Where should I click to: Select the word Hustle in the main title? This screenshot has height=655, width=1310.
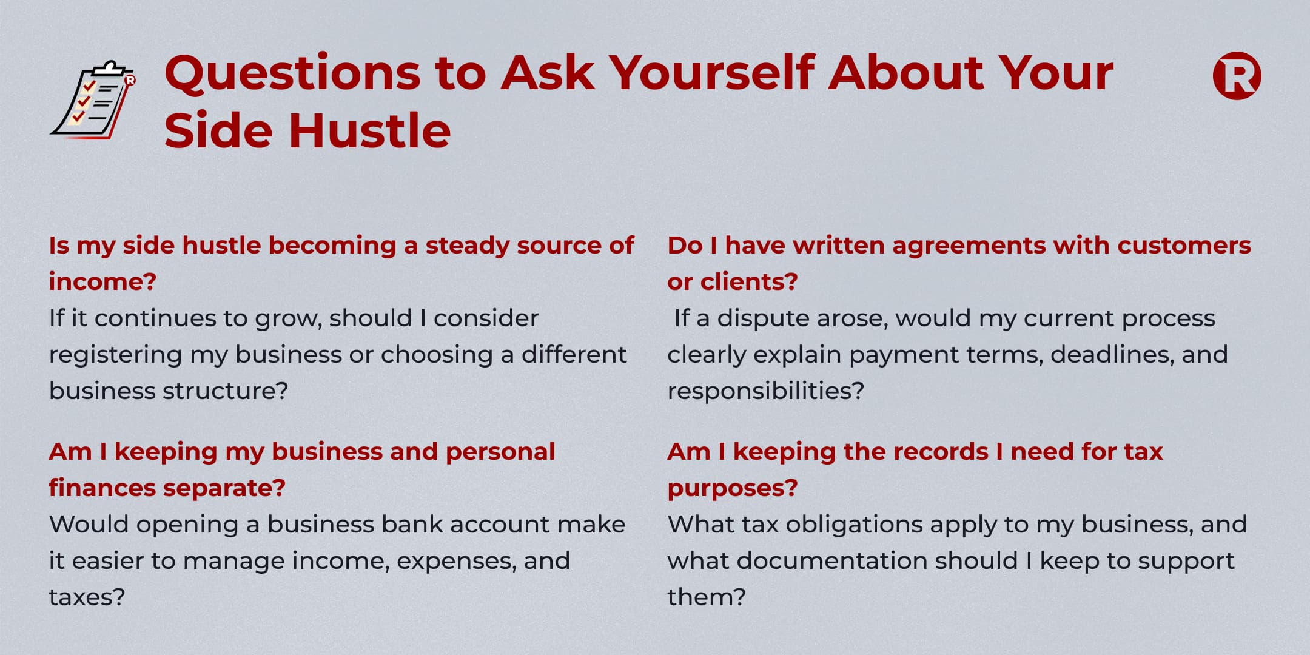click(370, 130)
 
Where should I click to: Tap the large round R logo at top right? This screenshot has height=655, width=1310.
click(1237, 76)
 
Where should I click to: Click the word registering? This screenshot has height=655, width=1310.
click(115, 355)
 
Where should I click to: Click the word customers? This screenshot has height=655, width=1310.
click(1184, 246)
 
